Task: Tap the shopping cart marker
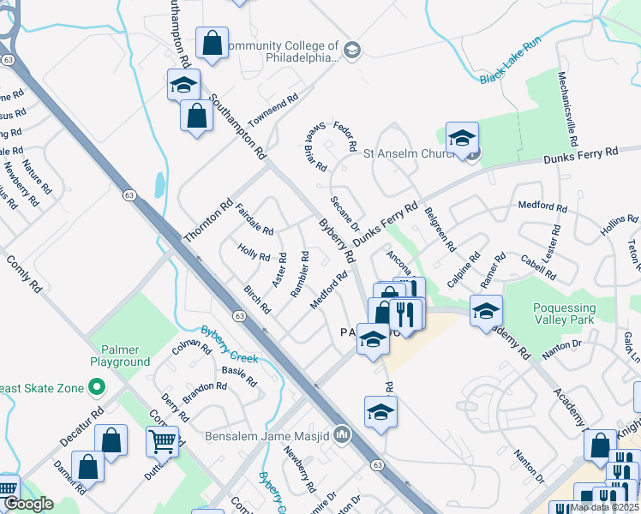tap(162, 442)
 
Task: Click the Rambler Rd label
tap(299, 274)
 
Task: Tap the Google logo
tap(28, 504)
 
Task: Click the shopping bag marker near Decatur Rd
tap(111, 440)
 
